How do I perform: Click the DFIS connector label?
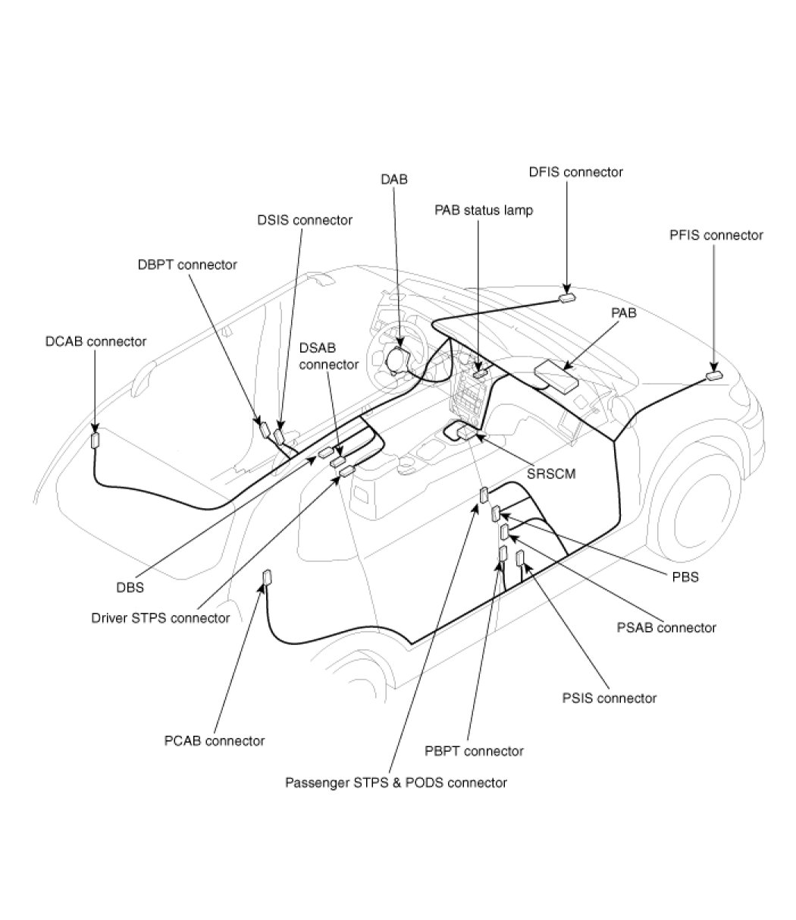(575, 172)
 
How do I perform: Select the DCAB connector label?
(96, 341)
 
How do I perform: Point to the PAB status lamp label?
(484, 210)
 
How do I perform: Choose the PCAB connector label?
(215, 740)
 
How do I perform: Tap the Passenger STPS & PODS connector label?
(396, 782)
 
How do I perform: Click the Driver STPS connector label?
(160, 618)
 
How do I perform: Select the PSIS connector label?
(609, 698)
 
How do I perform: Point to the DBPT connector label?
(187, 265)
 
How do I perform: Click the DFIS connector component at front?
(568, 298)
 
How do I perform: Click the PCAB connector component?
(266, 578)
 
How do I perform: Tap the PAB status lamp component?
(479, 373)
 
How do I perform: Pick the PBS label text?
(685, 577)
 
